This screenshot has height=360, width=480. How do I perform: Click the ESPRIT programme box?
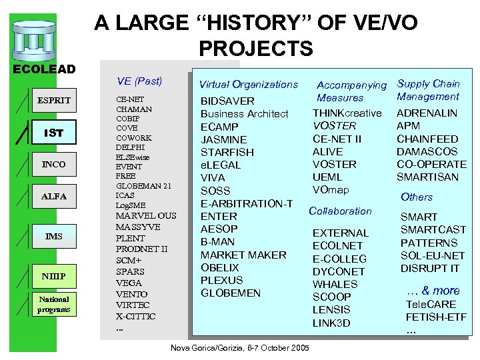pyautogui.click(x=54, y=101)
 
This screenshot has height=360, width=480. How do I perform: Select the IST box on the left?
pyautogui.click(x=54, y=133)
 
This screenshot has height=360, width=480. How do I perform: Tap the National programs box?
pyautogui.click(x=54, y=304)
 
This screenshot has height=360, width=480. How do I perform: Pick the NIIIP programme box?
pyautogui.click(x=54, y=276)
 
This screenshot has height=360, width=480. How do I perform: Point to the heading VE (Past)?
pyautogui.click(x=139, y=81)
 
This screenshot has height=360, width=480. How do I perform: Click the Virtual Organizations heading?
pyautogui.click(x=249, y=84)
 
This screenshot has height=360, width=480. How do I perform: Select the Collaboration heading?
pyautogui.click(x=340, y=211)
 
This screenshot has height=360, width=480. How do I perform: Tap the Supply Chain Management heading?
pyautogui.click(x=429, y=90)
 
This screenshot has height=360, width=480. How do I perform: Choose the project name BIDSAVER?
pyautogui.click(x=228, y=101)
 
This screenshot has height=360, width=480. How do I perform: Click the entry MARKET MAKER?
pyautogui.click(x=243, y=255)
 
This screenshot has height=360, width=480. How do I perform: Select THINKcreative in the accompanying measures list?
pyautogui.click(x=347, y=113)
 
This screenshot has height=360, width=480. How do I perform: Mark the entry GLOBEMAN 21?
pyautogui.click(x=144, y=185)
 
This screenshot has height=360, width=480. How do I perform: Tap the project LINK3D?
pyautogui.click(x=331, y=323)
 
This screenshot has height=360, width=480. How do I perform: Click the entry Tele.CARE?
pyautogui.click(x=431, y=305)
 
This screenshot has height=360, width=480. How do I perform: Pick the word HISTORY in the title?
pyautogui.click(x=251, y=23)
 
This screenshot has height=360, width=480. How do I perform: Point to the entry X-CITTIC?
pyautogui.click(x=136, y=316)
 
